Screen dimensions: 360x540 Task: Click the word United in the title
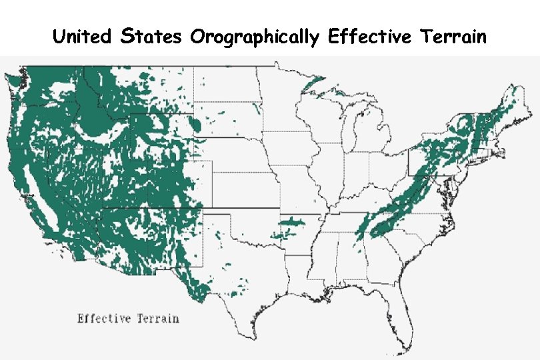pyautogui.click(x=82, y=36)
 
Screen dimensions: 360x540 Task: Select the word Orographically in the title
pyautogui.click(x=254, y=37)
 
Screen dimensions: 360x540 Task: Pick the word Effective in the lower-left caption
pyautogui.click(x=105, y=318)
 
